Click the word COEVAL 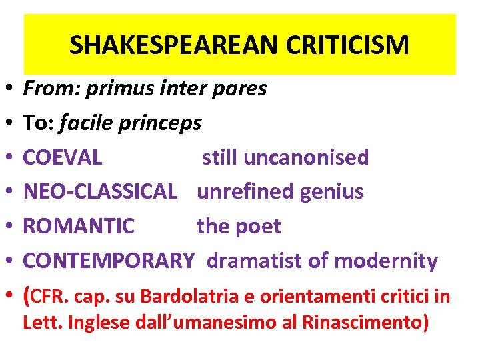pos(63,157)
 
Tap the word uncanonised pos(306,157)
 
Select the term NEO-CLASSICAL pos(101,192)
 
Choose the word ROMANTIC pos(79,226)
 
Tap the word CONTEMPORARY pos(109,261)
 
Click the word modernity pos(386,261)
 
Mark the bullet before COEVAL pos(13,158)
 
